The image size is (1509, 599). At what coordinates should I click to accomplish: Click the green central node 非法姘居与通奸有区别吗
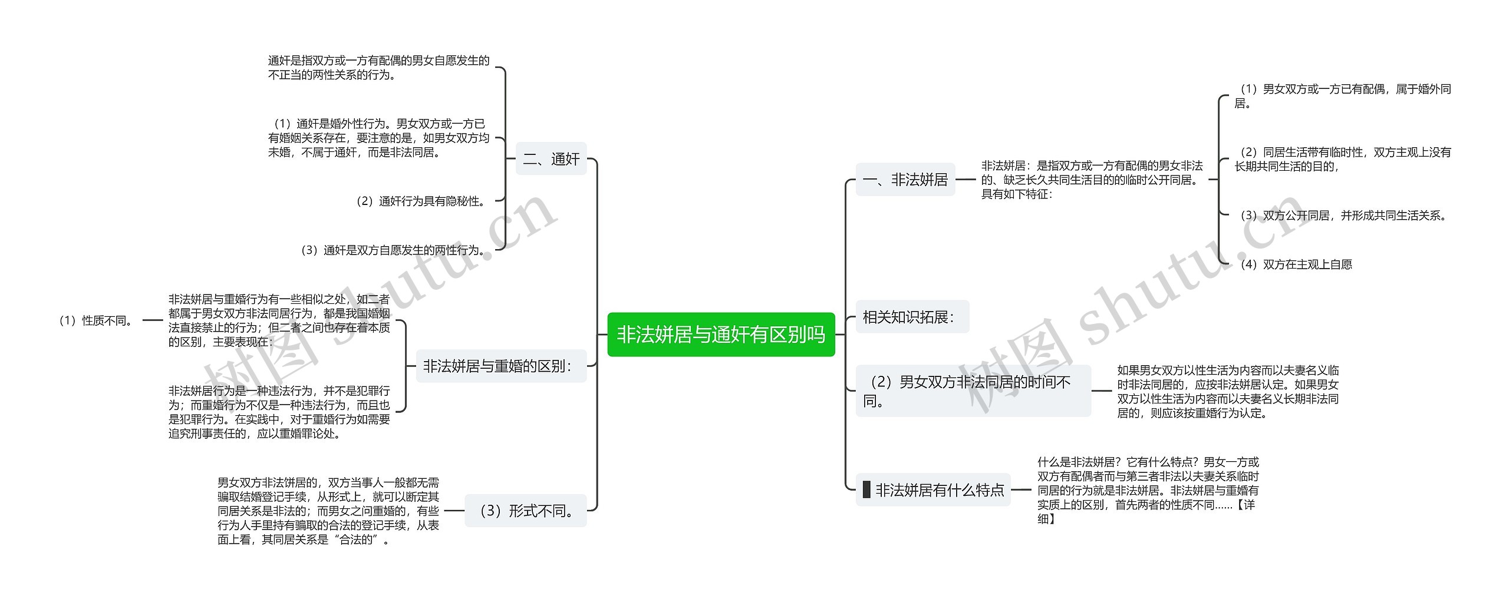point(721,335)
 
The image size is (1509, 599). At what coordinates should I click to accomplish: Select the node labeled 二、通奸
point(551,159)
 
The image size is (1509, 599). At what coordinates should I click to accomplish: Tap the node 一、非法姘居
point(905,180)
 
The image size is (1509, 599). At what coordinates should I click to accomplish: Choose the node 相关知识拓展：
point(911,317)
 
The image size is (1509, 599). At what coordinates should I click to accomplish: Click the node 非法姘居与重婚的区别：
point(501,366)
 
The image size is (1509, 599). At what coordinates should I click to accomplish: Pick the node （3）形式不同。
point(526,511)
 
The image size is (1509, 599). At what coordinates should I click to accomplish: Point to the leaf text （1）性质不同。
point(96,321)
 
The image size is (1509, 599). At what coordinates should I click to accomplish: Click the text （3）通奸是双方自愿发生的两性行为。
point(393,250)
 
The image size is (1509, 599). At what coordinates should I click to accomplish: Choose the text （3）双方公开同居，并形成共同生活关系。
point(1343,216)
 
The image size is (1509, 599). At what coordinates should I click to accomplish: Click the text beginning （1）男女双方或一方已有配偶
point(1343,96)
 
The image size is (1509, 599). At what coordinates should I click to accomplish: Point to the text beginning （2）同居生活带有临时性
point(1343,159)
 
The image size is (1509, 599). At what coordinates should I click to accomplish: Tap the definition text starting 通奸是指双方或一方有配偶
point(378,68)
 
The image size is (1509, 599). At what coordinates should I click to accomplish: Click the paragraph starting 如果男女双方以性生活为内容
point(1228,392)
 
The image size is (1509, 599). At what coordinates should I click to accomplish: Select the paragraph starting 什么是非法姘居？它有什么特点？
point(1148,490)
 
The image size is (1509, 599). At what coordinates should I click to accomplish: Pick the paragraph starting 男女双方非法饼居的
point(328,511)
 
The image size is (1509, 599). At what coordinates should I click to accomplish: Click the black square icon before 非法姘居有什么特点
point(866,489)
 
